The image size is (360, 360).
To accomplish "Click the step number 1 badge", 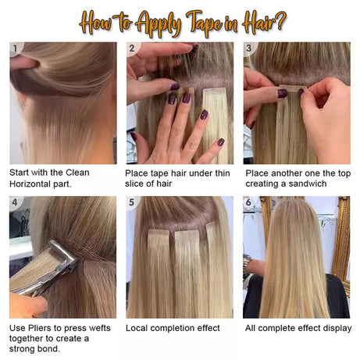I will (x=14, y=48).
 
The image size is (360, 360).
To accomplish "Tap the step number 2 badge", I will (x=132, y=48).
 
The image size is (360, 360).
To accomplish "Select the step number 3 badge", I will (x=250, y=48).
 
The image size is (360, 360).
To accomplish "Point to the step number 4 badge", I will (x=14, y=203).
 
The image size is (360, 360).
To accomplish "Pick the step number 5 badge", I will (x=132, y=203).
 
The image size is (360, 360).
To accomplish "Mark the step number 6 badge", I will (x=250, y=203).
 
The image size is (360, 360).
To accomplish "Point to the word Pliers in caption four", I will (x=45, y=328).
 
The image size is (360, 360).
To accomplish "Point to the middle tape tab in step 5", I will (x=185, y=234).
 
